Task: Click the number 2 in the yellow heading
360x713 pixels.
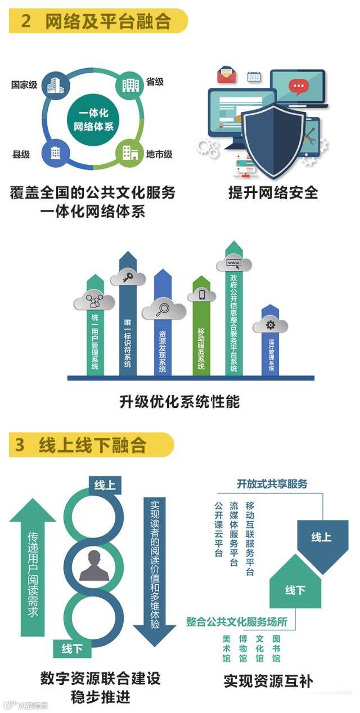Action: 26,21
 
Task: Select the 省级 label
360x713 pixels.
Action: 155,82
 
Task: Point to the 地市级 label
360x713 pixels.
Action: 159,154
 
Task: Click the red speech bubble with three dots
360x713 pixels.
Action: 298,86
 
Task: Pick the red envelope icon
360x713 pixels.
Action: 227,74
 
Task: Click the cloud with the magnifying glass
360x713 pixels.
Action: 163,310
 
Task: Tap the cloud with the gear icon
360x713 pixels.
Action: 270,325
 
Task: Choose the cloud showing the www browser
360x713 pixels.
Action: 233,263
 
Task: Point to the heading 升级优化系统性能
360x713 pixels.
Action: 179,402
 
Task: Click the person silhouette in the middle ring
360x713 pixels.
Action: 93,565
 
